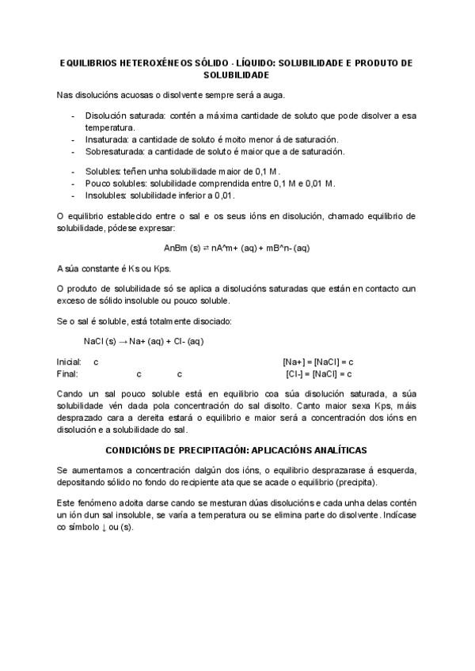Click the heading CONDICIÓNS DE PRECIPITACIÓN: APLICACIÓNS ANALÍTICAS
point(237,449)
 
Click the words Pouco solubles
point(113,183)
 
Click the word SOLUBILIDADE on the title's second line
point(237,74)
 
